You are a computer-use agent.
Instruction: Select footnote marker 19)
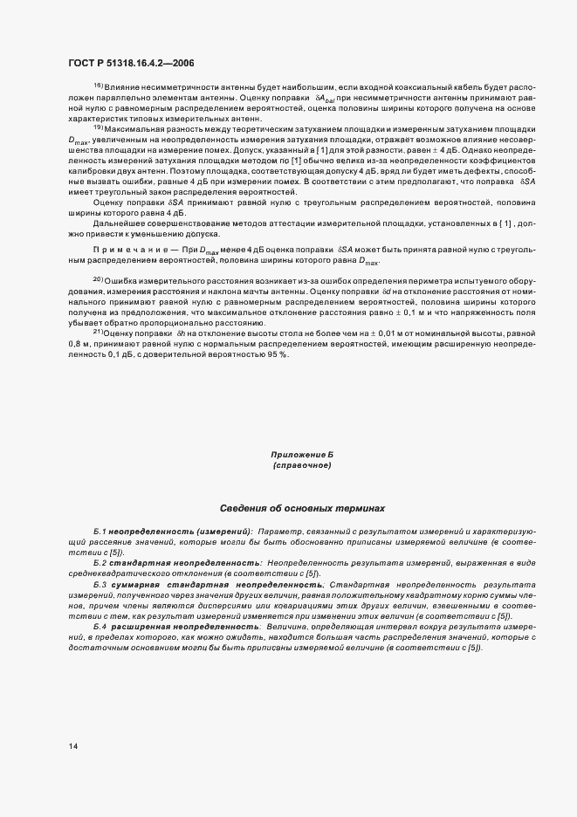point(98,127)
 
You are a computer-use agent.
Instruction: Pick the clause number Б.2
point(100,562)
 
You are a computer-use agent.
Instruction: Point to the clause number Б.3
point(100,583)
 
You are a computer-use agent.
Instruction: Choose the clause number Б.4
point(100,625)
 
